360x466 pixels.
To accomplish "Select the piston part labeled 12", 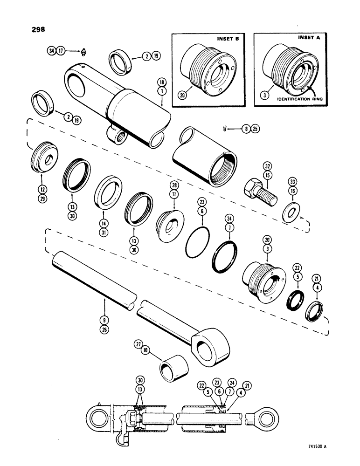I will (x=44, y=158).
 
